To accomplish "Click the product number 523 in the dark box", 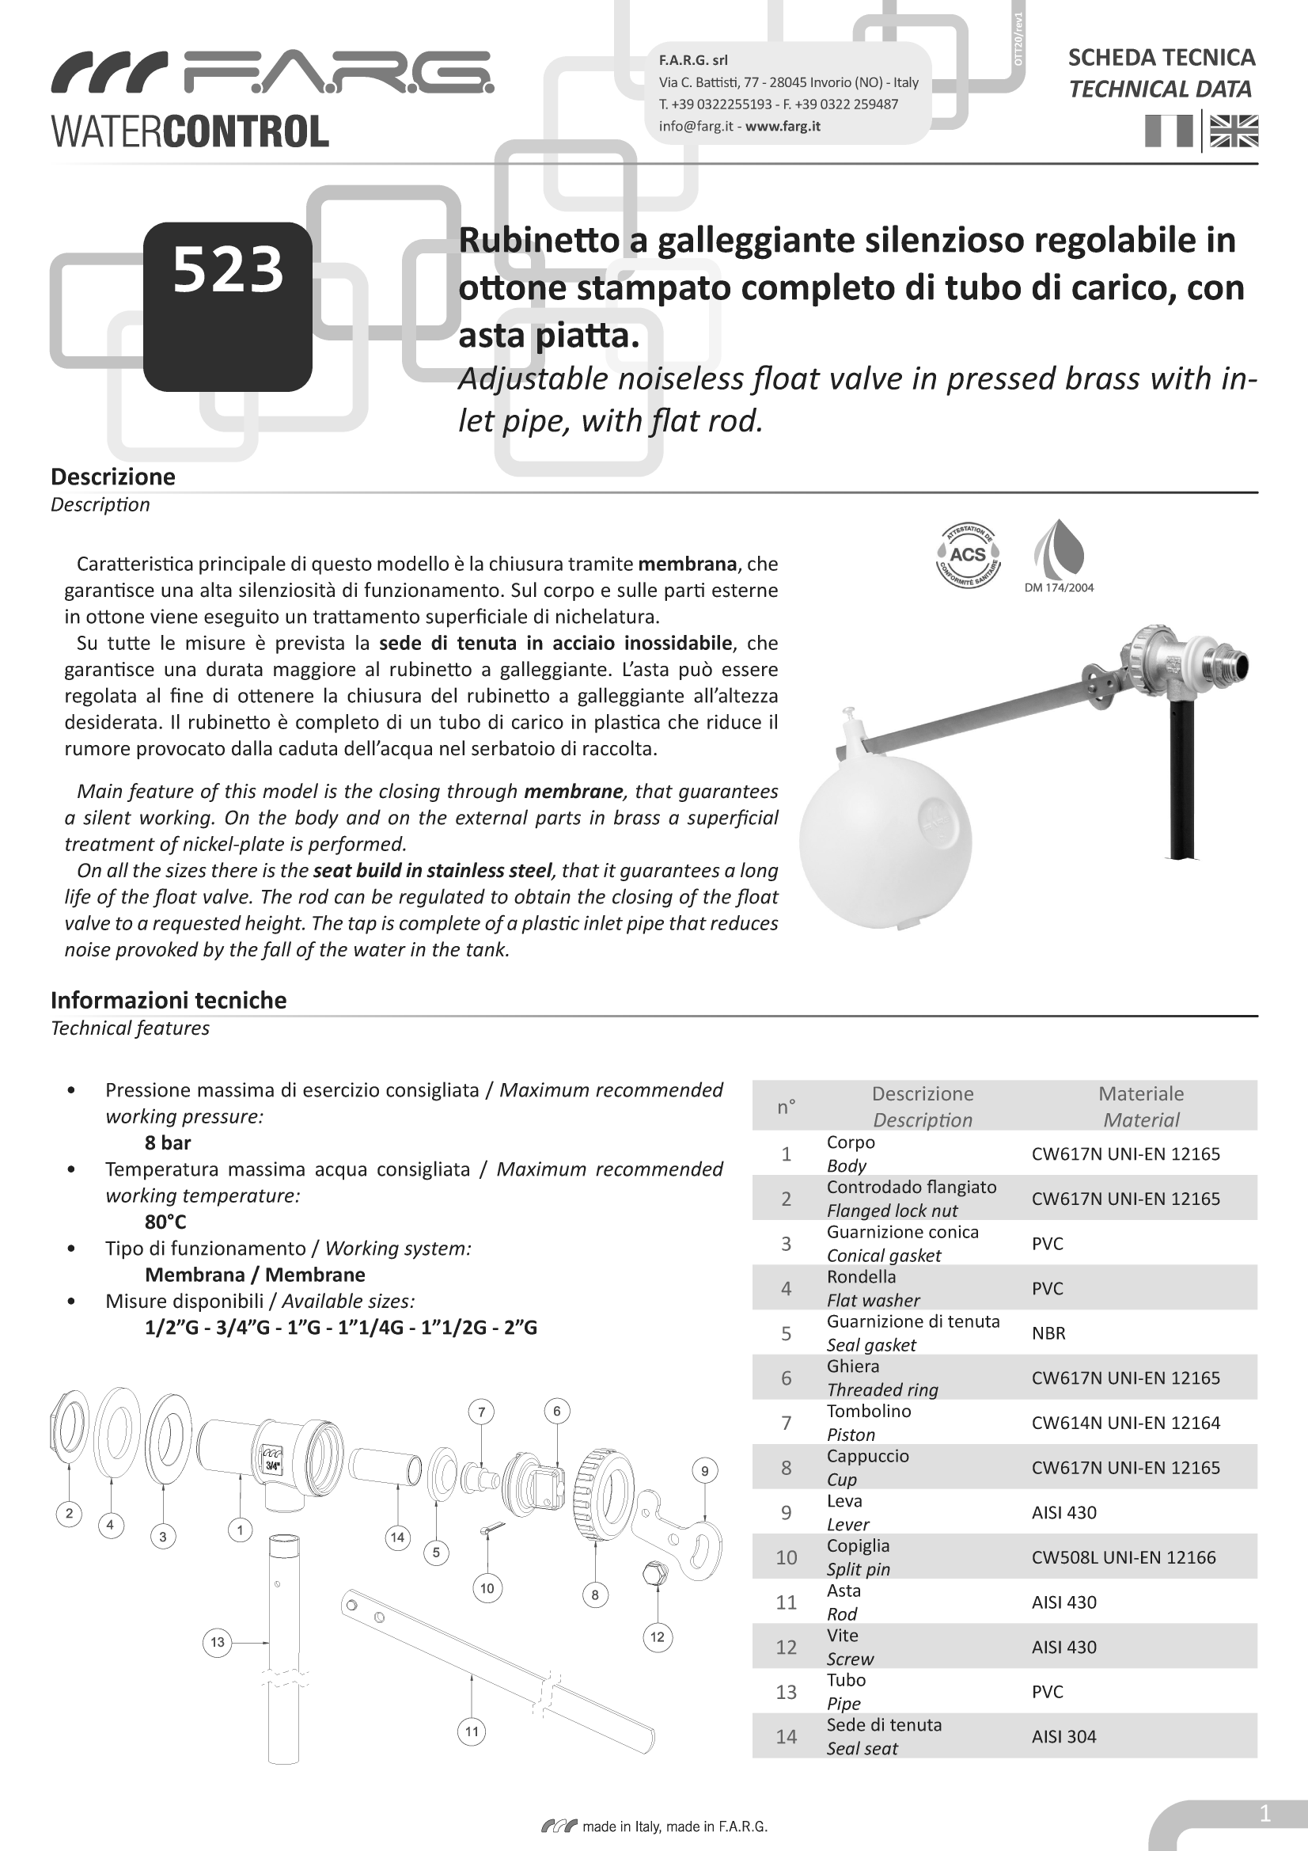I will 228,269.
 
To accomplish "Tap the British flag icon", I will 1234,131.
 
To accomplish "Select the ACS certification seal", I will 968,555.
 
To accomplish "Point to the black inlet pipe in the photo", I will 1182,774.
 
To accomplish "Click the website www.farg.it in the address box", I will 783,126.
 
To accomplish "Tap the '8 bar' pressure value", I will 168,1142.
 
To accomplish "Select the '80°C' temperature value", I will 165,1222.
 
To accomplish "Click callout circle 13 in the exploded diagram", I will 218,1642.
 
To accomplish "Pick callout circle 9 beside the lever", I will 704,1470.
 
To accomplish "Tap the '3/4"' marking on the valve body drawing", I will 273,1465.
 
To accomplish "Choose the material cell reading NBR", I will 1048,1332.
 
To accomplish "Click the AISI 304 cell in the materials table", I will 1063,1735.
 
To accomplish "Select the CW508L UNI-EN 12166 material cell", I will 1124,1556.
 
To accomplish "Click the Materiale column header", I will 1141,1094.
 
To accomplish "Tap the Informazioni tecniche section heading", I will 169,1000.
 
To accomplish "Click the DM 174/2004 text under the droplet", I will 1059,587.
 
